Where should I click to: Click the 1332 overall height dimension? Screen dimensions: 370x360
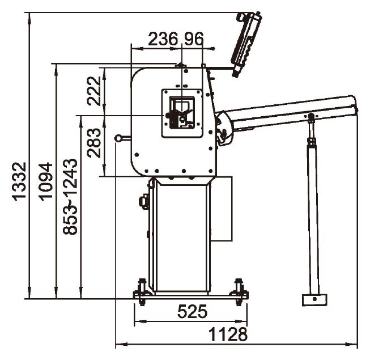tap(19, 181)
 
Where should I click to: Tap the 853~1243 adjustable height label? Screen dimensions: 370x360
tap(70, 197)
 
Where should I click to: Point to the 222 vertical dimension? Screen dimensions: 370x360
tap(94, 91)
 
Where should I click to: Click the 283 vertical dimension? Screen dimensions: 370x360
tap(94, 143)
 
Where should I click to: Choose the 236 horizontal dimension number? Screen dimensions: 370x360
tap(163, 39)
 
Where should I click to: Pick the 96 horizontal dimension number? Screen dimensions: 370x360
tap(193, 39)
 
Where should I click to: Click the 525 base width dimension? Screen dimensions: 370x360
tap(192, 311)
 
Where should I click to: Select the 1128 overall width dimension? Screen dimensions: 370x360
tap(228, 334)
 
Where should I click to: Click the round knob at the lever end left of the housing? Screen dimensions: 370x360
tap(118, 138)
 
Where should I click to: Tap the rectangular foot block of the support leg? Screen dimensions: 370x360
tap(314, 300)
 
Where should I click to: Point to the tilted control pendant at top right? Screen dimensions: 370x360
tap(246, 44)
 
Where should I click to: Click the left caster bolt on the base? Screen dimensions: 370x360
tap(142, 291)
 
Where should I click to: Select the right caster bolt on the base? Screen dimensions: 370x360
tap(239, 291)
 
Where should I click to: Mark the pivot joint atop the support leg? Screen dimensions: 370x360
tap(311, 116)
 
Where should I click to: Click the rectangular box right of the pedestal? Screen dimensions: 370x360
tap(222, 209)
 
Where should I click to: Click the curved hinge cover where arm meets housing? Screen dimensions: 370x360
tap(224, 128)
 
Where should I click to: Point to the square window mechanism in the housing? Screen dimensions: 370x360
tap(182, 113)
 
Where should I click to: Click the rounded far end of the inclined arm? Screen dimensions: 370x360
tap(354, 103)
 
